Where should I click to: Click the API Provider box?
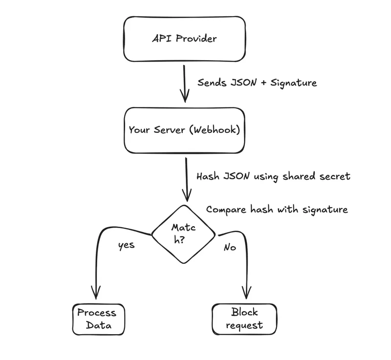coord(184,39)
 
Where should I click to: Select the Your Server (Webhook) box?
coord(184,130)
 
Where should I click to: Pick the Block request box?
coord(244,318)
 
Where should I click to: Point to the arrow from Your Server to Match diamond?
coord(186,179)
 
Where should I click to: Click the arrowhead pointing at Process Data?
coord(95,293)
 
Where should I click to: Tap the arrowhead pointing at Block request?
coord(245,293)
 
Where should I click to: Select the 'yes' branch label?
coord(126,246)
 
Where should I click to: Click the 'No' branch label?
coord(230,247)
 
